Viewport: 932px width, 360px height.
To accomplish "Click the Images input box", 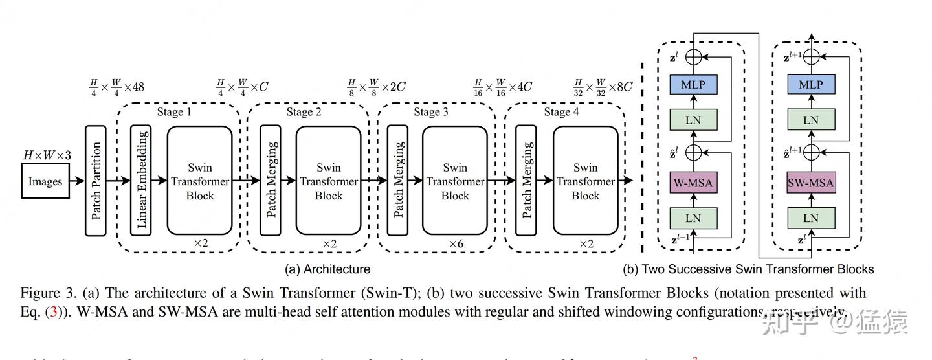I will click(45, 181).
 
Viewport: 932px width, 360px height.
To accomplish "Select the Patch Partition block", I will click(95, 181).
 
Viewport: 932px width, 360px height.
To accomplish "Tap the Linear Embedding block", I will click(141, 181).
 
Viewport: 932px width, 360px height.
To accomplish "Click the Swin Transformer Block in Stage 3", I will click(454, 181).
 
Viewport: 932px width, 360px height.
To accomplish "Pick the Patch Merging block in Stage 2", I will click(270, 181).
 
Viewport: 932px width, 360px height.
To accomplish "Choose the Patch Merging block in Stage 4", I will click(526, 181).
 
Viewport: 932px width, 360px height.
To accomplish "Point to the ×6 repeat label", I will click(457, 244).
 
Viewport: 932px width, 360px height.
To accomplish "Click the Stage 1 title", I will click(174, 112).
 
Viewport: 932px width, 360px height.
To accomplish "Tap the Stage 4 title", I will click(557, 112).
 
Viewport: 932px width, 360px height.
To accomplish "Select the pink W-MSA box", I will click(693, 183).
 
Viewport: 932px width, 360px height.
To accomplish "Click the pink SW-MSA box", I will click(811, 183).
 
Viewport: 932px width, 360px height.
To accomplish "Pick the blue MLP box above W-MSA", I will click(693, 85).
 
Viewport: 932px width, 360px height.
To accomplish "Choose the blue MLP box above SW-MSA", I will click(811, 85).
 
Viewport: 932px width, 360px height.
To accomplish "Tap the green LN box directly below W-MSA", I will click(693, 218).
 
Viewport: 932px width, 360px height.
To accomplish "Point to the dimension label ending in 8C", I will click(603, 87).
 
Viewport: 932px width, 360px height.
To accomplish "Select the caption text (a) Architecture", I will click(327, 269).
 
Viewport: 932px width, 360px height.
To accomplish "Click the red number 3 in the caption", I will click(54, 311).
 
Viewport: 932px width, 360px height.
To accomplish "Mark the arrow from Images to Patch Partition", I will click(76, 181).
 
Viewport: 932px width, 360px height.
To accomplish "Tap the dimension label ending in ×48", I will click(117, 87).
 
